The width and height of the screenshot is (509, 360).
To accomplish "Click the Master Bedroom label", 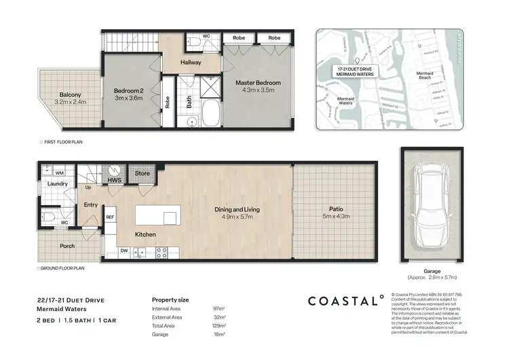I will (x=258, y=83).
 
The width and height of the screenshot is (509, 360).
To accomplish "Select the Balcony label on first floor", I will (x=71, y=94).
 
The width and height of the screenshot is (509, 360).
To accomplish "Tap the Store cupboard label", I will (x=141, y=173).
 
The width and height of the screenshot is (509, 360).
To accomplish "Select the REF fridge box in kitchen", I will (x=110, y=217).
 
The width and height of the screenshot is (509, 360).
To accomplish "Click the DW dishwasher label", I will (x=124, y=250).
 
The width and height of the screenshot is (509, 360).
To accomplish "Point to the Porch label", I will (x=67, y=246).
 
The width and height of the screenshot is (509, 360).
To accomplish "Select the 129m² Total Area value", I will (x=219, y=326).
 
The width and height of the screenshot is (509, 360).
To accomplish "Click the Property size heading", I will (x=170, y=299).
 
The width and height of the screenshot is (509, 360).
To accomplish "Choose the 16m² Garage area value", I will (x=219, y=335).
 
